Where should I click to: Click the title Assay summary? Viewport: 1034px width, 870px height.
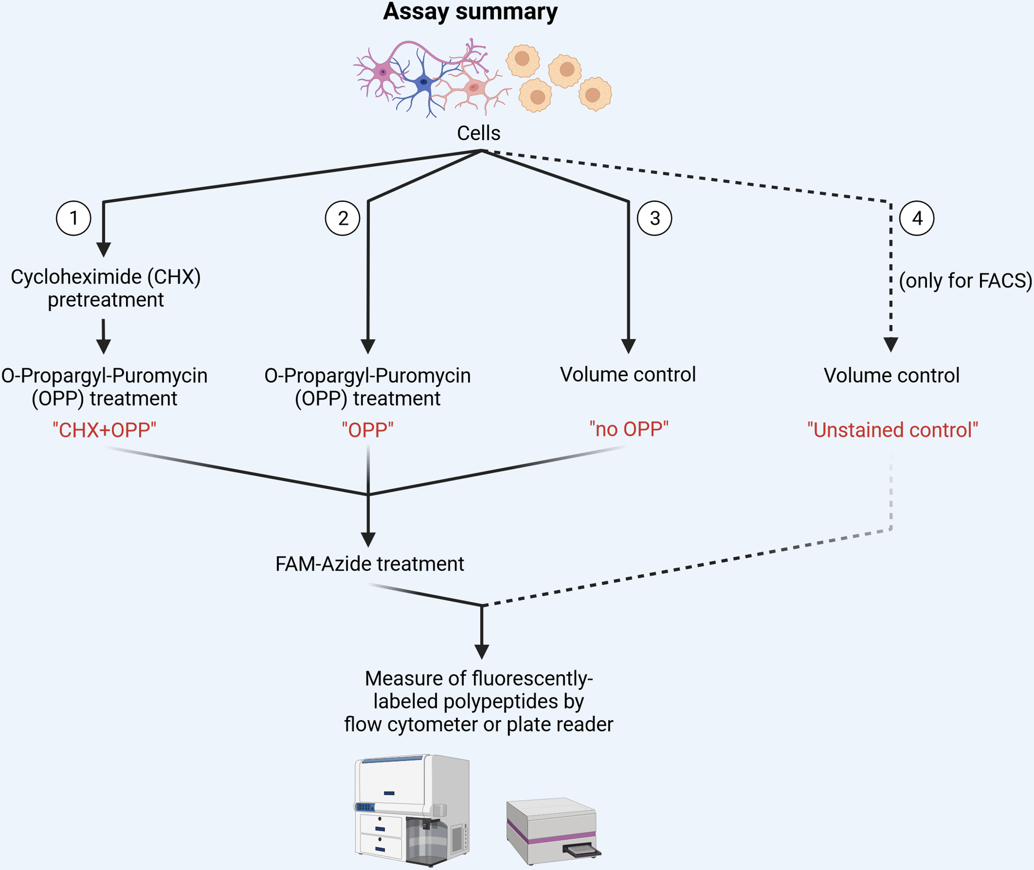pos(470,12)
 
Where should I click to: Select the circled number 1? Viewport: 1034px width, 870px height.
pos(73,218)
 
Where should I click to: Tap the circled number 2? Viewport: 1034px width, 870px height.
pos(343,218)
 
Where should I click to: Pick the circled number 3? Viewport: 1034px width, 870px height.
pos(654,218)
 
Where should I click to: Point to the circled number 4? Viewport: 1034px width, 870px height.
pos(916,218)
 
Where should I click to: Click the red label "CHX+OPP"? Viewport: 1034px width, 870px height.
pos(104,430)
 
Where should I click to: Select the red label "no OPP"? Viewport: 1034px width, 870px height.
pos(629,429)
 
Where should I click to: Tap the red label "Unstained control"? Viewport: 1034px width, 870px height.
pos(893,430)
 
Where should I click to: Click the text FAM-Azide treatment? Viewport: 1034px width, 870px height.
pos(369,564)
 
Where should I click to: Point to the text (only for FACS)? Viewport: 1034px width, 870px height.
pos(965,281)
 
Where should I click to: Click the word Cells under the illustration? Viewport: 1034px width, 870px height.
pos(478,133)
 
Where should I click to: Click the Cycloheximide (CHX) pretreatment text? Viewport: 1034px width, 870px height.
pos(106,288)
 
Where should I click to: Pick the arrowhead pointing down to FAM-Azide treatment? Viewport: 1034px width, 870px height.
pos(368,539)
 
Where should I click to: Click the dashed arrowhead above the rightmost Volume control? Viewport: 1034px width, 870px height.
pos(891,344)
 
